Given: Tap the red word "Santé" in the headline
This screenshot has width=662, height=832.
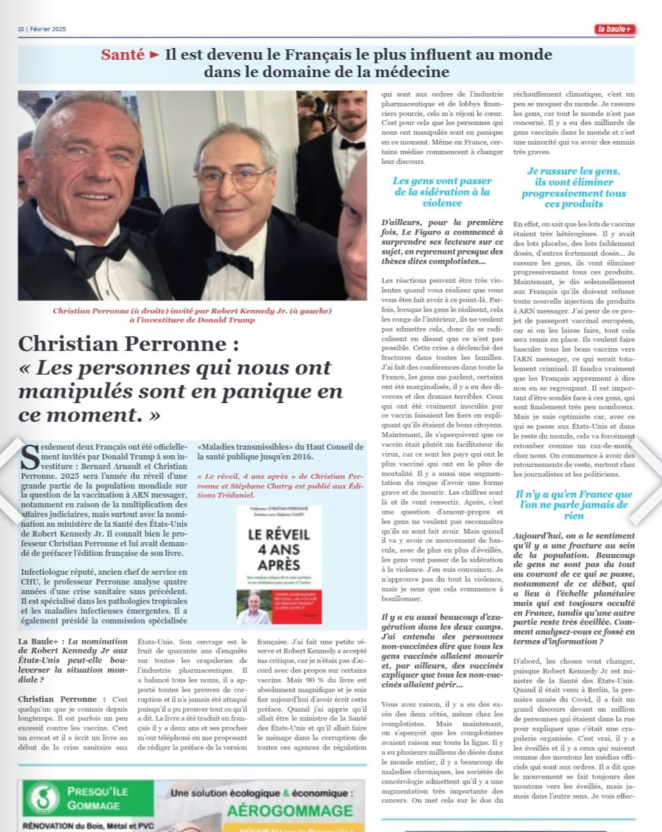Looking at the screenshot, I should click(x=122, y=55).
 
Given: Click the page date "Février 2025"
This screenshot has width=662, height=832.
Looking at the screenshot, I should click(x=49, y=29).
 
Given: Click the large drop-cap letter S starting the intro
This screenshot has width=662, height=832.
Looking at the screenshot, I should click(x=31, y=458).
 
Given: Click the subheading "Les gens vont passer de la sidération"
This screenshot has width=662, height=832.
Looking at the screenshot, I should click(x=442, y=192).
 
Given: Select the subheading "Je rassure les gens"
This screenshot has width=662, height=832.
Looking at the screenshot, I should click(x=573, y=187).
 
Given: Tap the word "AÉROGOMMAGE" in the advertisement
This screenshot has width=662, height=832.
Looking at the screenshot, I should click(x=290, y=811).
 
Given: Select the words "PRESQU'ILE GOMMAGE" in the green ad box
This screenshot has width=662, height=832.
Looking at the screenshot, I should click(x=93, y=798).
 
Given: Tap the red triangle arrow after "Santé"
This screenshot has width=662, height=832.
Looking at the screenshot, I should click(x=154, y=55).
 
